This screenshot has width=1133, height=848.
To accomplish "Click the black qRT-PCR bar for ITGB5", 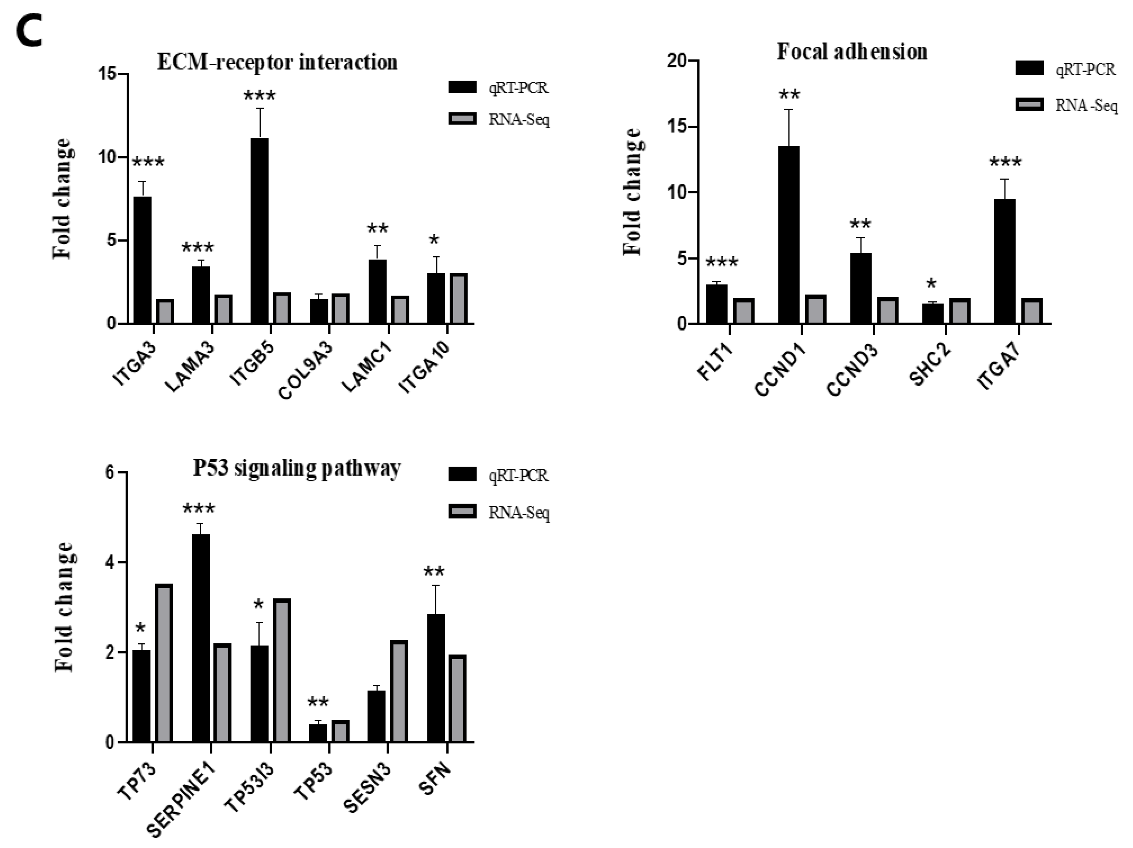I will pos(259,230).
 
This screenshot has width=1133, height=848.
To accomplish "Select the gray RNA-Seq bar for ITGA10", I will pos(459,299).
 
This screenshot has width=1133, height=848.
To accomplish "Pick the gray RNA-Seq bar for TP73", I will pos(164,663).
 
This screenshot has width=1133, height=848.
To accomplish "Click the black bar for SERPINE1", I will pos(201,638).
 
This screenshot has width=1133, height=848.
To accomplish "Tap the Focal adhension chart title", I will pos(852,52).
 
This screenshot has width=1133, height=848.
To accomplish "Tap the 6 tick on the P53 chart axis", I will pos(110,473).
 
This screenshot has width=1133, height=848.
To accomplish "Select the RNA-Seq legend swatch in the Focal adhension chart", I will pos(1029,105).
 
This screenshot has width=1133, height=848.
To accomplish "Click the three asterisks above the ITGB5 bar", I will pos(259,96).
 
